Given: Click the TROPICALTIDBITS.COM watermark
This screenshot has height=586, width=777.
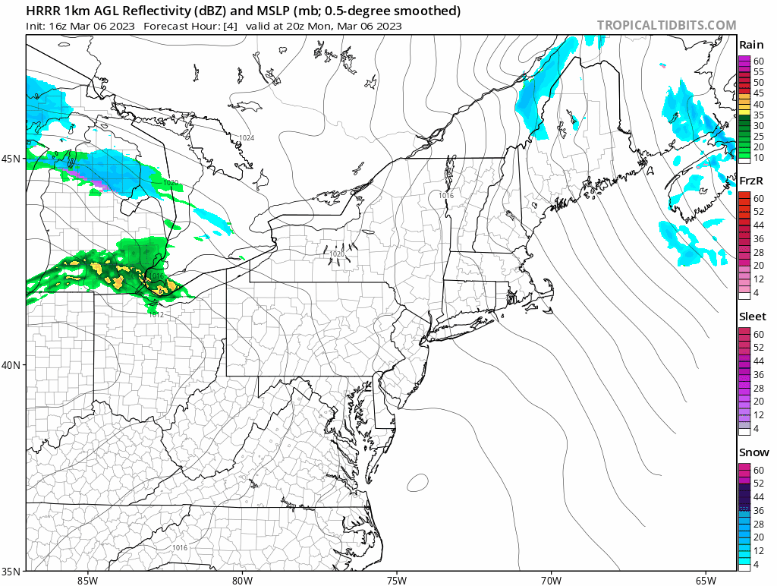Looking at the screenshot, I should point(666,25).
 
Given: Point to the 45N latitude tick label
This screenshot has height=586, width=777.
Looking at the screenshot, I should point(11,159).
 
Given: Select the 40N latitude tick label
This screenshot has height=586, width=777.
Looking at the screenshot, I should point(11,364).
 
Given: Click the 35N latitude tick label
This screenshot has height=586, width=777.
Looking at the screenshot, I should point(11,571).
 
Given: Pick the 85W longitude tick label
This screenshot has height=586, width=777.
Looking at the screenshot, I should point(87,581).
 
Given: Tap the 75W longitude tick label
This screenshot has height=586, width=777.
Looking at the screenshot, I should point(396,581).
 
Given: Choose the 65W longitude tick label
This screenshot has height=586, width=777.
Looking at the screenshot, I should point(705,581).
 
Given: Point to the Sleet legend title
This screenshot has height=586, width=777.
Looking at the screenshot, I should point(753,317).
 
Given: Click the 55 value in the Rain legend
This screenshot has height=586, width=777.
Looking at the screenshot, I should point(758,71).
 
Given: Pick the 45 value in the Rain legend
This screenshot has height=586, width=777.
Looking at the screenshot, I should point(758,93).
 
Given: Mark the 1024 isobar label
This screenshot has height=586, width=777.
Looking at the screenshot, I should point(246,137).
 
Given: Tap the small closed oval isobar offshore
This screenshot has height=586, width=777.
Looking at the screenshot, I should point(417,481).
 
